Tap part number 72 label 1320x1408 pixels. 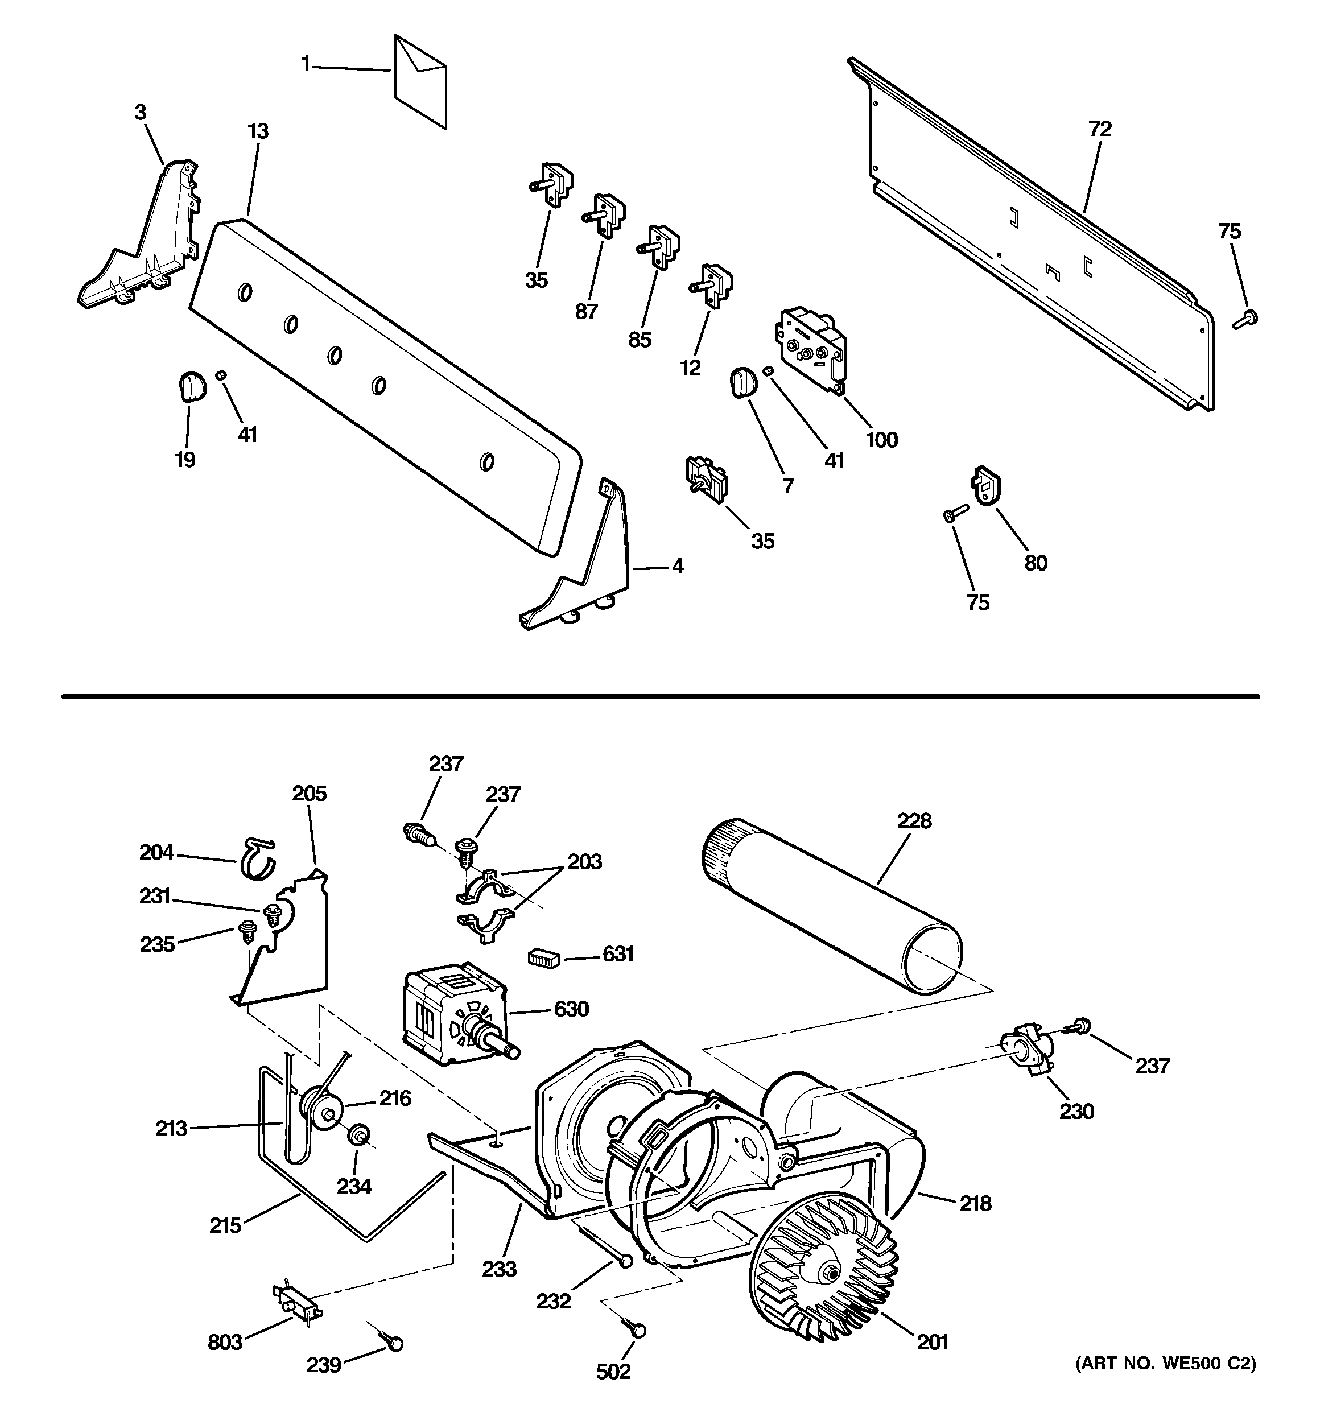click(x=1100, y=129)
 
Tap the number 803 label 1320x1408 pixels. click(x=225, y=1341)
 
